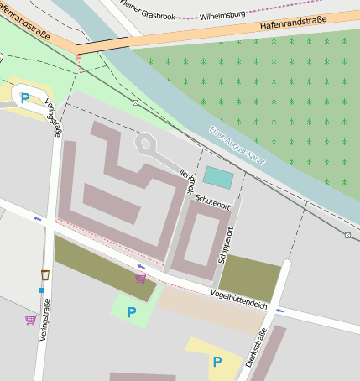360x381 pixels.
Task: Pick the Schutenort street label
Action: click(211, 202)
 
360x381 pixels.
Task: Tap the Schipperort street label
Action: click(224, 245)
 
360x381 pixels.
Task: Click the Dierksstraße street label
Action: click(255, 348)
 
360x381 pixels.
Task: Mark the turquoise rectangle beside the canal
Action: click(219, 178)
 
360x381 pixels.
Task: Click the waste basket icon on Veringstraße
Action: click(44, 274)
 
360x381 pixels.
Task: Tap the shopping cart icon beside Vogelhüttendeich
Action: click(140, 278)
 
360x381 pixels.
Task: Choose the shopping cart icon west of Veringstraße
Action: click(31, 319)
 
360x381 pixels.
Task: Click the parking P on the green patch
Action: click(131, 312)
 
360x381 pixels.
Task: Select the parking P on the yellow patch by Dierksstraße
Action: click(217, 362)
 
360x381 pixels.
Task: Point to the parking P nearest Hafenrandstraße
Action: click(25, 98)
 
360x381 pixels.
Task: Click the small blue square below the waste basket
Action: click(41, 290)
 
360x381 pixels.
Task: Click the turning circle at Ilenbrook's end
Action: click(146, 144)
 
